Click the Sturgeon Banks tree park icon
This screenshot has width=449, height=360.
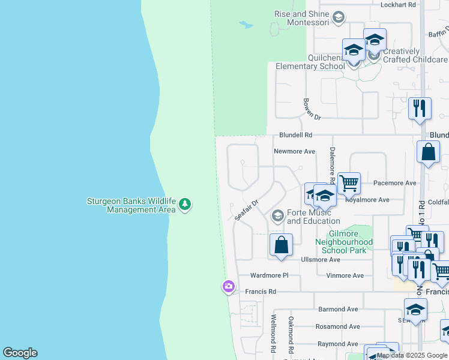tap(185, 205)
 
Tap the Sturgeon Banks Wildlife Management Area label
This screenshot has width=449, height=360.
tap(131, 205)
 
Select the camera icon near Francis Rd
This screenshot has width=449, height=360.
tap(228, 287)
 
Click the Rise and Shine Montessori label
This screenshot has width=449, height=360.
tap(302, 18)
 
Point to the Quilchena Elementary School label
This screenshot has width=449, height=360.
tap(311, 62)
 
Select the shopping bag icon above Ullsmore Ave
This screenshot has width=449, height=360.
tap(281, 245)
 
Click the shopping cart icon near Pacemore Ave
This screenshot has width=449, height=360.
tap(349, 182)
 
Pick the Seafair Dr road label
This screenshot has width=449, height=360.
tap(246, 210)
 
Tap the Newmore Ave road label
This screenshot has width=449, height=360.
tap(294, 152)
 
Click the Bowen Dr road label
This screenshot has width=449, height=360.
tap(312, 108)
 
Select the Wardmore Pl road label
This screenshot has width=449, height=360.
tap(269, 275)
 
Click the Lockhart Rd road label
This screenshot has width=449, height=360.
tap(399, 5)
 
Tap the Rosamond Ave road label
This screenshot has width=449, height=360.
tap(338, 327)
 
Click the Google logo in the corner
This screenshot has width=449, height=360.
tap(20, 353)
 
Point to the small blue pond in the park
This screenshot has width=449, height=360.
tap(246, 25)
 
